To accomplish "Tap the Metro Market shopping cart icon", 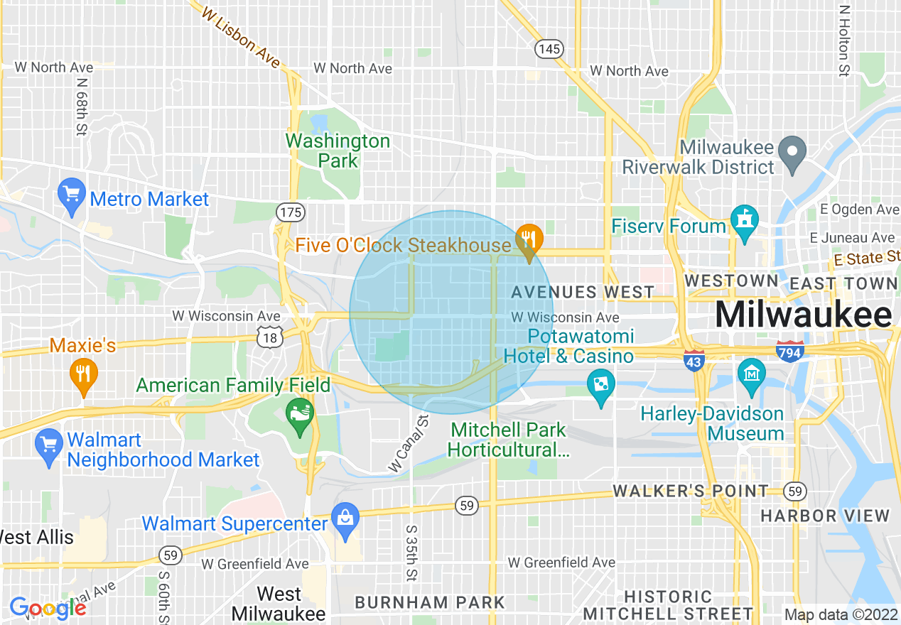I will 72,195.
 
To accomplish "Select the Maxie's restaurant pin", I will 84,375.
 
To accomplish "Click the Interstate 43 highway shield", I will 694,359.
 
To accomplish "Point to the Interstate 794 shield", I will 791,350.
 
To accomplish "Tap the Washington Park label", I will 338,151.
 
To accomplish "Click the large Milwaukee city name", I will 804,315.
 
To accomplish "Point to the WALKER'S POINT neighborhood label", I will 690,491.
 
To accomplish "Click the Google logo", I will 48,608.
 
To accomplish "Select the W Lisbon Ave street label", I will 241,39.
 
